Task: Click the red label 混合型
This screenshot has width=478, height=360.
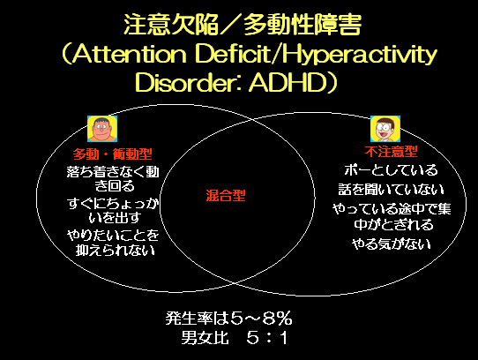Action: (226, 195)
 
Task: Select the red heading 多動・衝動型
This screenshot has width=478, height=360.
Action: (113, 154)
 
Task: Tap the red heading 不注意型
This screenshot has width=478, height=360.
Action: (391, 151)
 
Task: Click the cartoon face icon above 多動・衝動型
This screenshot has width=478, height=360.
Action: (102, 129)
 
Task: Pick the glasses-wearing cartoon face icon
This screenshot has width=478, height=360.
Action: (385, 129)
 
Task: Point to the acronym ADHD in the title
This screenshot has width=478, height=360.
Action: (288, 83)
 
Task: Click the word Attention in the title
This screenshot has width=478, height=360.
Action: (130, 55)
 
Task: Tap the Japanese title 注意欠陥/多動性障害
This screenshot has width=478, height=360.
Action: (243, 25)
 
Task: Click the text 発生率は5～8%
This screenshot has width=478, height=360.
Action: (229, 319)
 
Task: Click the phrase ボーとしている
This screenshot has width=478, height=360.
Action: (391, 170)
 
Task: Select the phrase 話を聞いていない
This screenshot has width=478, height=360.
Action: (391, 190)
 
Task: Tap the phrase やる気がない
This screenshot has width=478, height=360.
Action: (392, 244)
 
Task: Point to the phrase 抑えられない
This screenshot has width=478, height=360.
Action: (116, 251)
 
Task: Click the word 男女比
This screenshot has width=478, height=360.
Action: (205, 338)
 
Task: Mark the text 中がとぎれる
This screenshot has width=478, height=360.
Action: (393, 225)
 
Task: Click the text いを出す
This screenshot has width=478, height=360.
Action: (115, 218)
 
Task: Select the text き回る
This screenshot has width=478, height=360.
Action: (115, 186)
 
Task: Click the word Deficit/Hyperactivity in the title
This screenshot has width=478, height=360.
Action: (316, 55)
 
